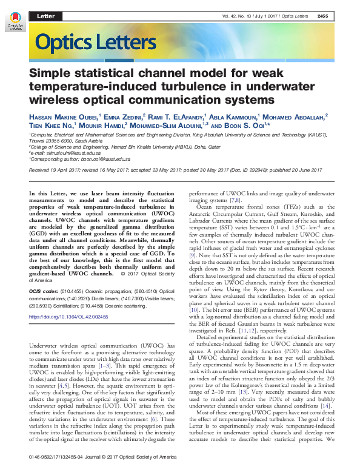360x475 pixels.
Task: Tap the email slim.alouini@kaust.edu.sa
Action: [x=68, y=153]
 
